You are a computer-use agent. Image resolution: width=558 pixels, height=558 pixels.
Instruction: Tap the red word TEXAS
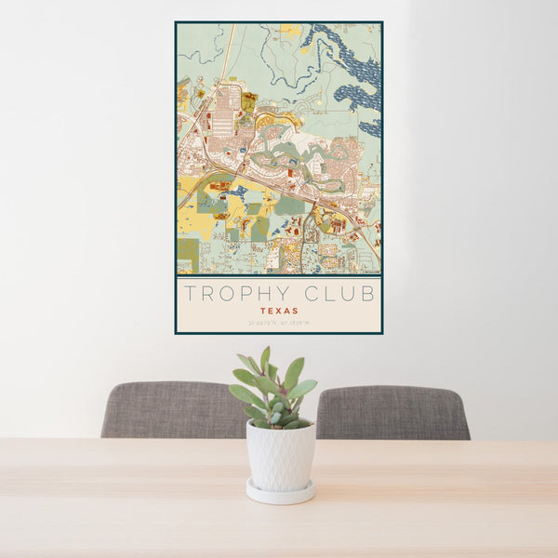click(x=278, y=311)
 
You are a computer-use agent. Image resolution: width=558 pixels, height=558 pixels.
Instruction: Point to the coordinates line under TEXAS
click(x=278, y=323)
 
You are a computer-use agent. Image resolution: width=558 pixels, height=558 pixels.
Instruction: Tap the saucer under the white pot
click(x=279, y=492)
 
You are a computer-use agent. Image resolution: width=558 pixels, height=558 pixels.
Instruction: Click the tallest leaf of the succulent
click(x=265, y=359)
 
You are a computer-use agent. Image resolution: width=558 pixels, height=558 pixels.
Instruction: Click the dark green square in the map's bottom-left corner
click(x=187, y=252)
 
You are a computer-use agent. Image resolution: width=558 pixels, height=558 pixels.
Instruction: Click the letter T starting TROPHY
click(x=190, y=294)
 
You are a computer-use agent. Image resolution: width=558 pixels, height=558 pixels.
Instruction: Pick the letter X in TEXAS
click(x=278, y=311)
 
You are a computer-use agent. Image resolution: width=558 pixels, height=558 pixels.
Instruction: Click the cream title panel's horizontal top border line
click(x=278, y=277)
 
